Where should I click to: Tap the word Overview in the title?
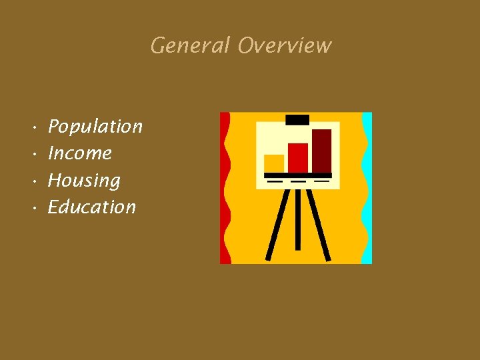pos(285,46)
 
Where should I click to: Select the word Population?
pos(95,127)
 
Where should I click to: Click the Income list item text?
pos(80,153)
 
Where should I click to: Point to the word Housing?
pos(84,181)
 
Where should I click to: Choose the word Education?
pos(92,207)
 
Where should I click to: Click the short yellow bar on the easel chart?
pos(274,163)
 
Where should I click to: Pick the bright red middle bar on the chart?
pos(298,157)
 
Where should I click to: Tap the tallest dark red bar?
pos(321,151)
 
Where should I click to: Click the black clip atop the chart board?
pos(297,120)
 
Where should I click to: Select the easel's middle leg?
pos(297,220)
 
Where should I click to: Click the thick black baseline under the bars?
pos(298,175)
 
